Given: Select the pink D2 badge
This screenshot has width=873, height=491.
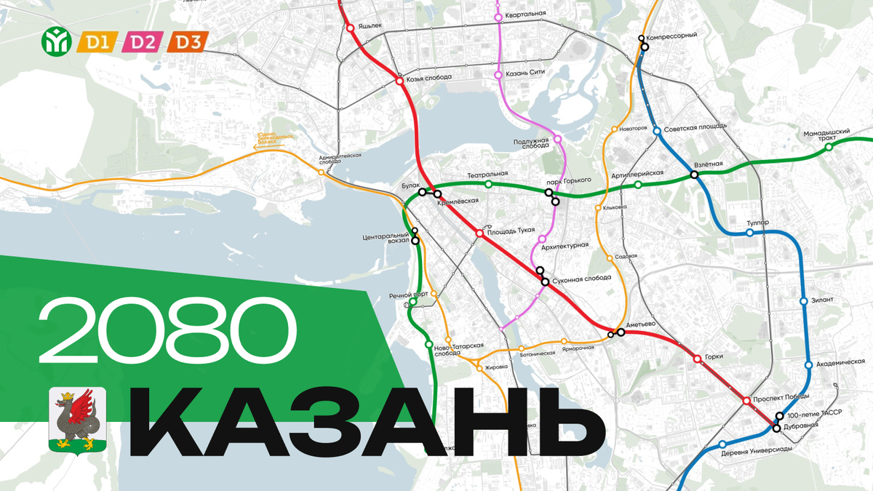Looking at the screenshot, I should pos(143,42).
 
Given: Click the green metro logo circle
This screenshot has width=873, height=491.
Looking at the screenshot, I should pos(57,41).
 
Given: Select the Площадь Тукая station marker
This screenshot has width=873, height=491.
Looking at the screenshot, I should pos(479,233).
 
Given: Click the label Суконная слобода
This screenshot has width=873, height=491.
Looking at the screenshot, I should pos(582,279).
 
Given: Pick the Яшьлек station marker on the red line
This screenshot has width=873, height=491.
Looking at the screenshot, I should pos(350,28).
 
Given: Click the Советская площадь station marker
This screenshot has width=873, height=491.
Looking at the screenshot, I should pos(657,131).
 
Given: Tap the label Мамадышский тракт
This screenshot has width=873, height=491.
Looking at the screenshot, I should pos(828,135).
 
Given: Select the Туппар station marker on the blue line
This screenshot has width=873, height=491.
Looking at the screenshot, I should pos(750,233).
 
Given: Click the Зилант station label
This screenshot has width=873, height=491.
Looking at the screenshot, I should pos(824,300).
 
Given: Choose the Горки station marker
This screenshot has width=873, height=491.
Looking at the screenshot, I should pos(697,358).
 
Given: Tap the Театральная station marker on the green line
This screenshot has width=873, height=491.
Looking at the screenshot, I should pos(488,184).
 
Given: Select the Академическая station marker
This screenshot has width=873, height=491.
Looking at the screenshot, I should pos(808,365).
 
